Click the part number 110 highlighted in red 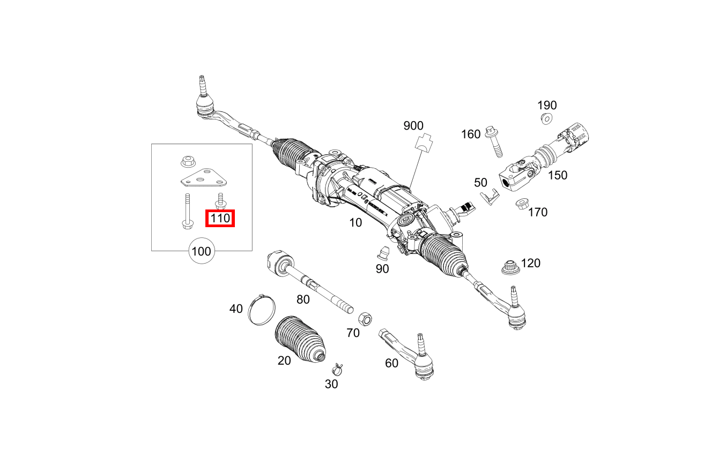coord(220,218)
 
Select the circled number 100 coord(201,251)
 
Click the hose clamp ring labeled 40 coord(262,310)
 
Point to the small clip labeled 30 coord(338,369)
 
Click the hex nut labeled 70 coord(365,318)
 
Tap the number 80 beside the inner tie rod coord(303,299)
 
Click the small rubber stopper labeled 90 coord(383,252)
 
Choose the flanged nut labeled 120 coord(510,266)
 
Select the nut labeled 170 coord(521,205)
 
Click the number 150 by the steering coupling coord(557,175)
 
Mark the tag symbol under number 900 coord(424,143)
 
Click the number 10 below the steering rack coord(355,222)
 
